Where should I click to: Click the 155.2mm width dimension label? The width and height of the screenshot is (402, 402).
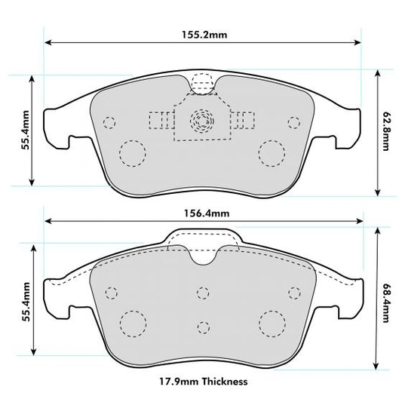pyautogui.click(x=201, y=34)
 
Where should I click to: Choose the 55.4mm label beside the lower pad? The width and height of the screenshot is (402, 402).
pyautogui.click(x=25, y=302)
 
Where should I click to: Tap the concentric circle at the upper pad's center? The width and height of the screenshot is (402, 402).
pyautogui.click(x=201, y=118)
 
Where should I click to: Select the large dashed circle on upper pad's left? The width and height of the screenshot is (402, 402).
pyautogui.click(x=133, y=153)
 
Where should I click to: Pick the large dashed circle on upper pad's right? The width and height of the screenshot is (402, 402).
pyautogui.click(x=270, y=153)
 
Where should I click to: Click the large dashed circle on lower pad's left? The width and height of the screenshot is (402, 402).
pyautogui.click(x=133, y=324)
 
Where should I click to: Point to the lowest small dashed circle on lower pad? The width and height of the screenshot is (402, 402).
pyautogui.click(x=201, y=327)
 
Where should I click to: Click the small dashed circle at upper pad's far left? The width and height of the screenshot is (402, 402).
pyautogui.click(x=109, y=122)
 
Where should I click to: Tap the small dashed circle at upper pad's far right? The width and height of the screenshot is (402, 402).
pyautogui.click(x=293, y=122)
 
